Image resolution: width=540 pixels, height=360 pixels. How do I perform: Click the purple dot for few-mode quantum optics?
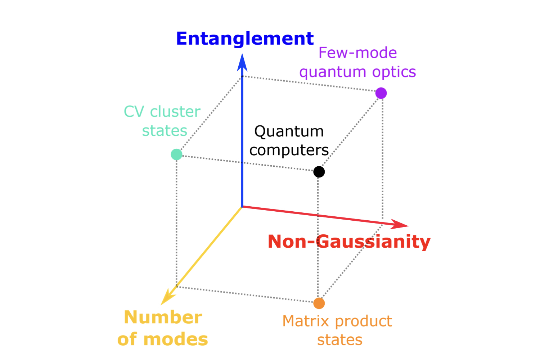coord(381,93)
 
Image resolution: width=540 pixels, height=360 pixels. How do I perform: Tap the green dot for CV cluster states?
coord(176,154)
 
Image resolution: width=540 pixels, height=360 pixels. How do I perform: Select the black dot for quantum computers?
coord(319,172)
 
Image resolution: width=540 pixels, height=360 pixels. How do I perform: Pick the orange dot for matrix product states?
coord(319,303)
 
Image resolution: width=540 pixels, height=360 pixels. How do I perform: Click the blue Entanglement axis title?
coord(245,39)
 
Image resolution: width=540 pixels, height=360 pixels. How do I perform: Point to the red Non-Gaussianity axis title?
coord(349,242)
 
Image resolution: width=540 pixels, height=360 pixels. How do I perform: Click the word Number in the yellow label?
coord(163,318)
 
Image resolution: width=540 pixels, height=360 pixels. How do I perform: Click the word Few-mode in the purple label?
coord(357,53)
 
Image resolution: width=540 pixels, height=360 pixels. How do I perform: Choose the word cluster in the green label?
coord(175,112)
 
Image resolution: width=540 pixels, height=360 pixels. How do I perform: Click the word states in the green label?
coord(165,131)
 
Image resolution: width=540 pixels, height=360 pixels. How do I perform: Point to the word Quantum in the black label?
coord(289,132)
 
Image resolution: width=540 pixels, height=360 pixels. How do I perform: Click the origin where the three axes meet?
coord(242,207)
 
